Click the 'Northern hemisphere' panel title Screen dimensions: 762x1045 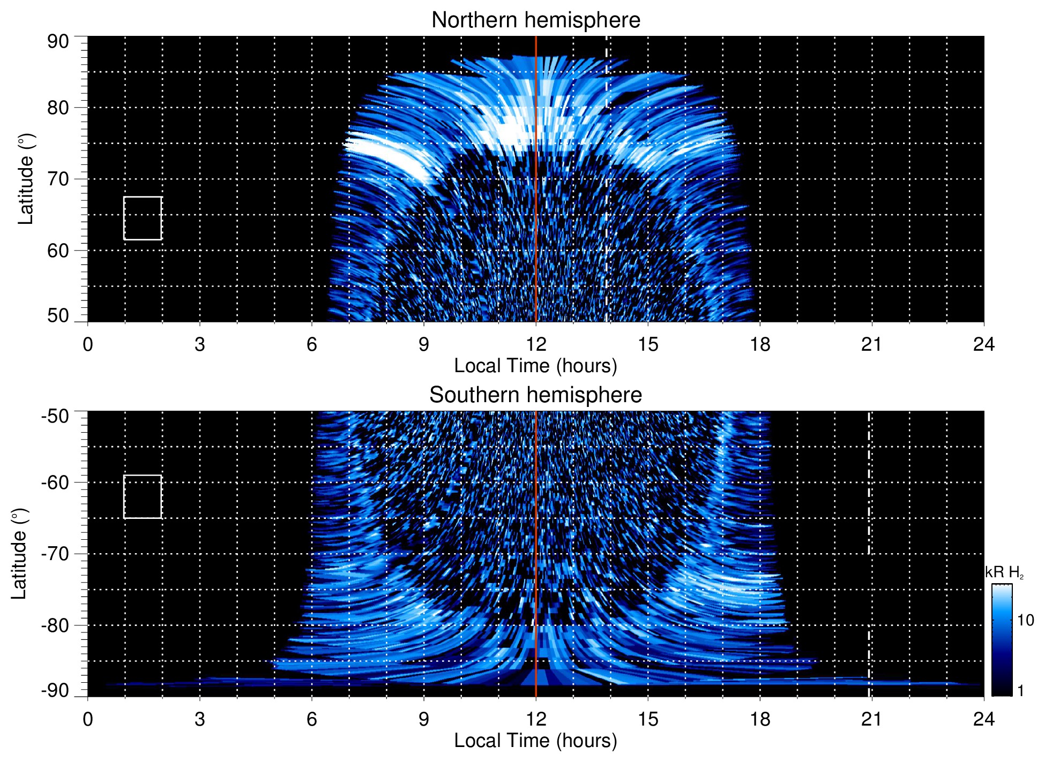click(x=535, y=20)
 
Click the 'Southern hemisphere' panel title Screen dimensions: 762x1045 click(x=535, y=395)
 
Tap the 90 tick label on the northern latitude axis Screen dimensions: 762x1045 click(x=58, y=42)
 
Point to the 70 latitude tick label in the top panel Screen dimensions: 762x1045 click(x=58, y=179)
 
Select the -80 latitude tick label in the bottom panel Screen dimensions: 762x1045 click(x=55, y=625)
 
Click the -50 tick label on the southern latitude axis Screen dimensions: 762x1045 click(x=55, y=416)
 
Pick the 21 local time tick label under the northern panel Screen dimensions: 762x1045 click(x=871, y=344)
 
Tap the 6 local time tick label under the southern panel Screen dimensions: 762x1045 click(x=312, y=719)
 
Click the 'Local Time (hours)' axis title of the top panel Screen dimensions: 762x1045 click(x=535, y=366)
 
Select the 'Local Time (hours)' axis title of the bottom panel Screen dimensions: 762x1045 click(x=535, y=741)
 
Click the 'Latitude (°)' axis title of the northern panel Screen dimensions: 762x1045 click(x=26, y=179)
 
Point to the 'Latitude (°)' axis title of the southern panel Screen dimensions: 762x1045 click(x=19, y=554)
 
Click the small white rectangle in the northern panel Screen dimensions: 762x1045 click(x=143, y=218)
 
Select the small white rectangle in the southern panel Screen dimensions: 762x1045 click(x=143, y=497)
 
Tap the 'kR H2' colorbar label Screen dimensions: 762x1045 click(x=1004, y=573)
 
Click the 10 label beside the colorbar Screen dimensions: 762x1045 click(x=1025, y=621)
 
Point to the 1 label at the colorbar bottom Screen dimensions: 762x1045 click(x=1020, y=691)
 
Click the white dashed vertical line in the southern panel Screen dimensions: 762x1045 click(x=869, y=535)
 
